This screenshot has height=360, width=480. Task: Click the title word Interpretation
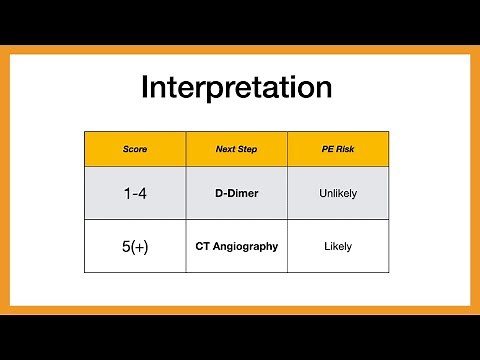[x=237, y=87]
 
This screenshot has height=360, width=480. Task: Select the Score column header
[x=135, y=149]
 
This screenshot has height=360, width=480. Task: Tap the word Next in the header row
[x=226, y=149]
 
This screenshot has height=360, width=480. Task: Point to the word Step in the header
[x=247, y=149]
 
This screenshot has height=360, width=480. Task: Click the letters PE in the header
[x=327, y=149]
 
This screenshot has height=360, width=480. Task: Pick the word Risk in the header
[x=345, y=149]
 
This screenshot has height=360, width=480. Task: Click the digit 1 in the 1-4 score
[x=127, y=193]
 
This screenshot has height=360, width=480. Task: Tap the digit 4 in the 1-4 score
[x=142, y=193]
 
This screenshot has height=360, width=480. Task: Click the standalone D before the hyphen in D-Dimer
[x=219, y=193]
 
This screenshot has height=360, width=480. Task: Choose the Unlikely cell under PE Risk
[x=338, y=193]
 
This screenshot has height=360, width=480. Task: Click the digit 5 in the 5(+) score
[x=126, y=247]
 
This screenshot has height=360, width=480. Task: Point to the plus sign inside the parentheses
[x=140, y=247]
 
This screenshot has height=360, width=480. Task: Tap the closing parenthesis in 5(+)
[x=146, y=247]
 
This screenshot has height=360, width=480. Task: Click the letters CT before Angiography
[x=202, y=246]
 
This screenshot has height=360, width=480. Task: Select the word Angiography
[x=245, y=247]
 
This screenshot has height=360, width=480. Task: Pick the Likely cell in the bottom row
[x=338, y=247]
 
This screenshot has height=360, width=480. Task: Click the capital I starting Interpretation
[x=144, y=86]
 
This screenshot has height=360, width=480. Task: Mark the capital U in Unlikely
[x=323, y=193]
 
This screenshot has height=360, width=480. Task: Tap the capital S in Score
[x=126, y=149]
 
